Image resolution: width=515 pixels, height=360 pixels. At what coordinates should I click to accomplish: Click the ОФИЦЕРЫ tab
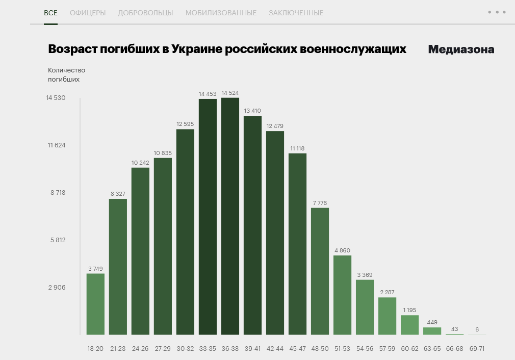(88, 13)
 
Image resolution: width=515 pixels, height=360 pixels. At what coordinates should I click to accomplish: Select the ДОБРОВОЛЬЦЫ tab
(145, 13)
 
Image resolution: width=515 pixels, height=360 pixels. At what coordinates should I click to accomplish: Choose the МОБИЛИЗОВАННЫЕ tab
(221, 13)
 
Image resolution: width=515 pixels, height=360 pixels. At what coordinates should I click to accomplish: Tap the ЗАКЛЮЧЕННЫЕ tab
(296, 13)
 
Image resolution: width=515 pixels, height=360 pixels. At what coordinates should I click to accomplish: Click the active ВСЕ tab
(50, 13)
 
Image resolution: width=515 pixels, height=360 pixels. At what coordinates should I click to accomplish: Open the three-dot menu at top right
(497, 12)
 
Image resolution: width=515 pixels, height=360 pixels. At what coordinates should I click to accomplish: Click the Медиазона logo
(461, 49)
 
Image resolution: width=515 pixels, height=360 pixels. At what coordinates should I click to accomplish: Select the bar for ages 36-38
(230, 216)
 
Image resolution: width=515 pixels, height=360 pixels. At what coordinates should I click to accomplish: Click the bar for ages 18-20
(95, 304)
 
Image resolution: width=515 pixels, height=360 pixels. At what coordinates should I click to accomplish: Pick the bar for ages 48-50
(320, 271)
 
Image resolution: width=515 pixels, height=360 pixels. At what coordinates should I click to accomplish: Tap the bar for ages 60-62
(409, 325)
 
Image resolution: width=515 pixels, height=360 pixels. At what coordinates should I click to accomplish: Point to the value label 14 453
(208, 94)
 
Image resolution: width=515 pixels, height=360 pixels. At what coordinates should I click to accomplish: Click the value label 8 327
(118, 194)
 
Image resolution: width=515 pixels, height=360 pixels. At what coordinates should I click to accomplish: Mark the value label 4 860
(342, 250)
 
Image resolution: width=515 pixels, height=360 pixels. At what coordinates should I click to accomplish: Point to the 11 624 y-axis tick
(57, 145)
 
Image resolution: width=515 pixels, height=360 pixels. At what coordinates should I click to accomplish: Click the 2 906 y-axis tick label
(57, 288)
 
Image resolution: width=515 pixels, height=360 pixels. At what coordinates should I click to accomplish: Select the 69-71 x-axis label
(477, 349)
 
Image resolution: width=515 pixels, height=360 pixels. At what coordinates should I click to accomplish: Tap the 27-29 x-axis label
(163, 349)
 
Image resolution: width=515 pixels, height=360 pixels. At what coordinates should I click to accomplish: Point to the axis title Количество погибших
(66, 74)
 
